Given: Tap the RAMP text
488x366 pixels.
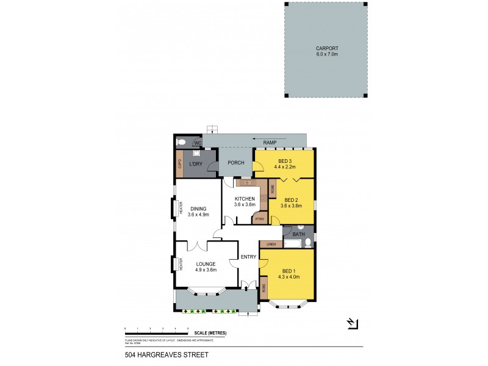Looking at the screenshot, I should [269, 143].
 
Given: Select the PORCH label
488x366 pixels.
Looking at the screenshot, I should [236, 163].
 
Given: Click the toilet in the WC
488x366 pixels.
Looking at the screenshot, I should [181, 142].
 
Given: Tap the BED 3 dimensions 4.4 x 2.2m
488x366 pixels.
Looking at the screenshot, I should [284, 167].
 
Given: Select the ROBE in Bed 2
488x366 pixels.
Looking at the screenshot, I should [273, 189].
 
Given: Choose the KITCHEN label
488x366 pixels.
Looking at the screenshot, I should [245, 198].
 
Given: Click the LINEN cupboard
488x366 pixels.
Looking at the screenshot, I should [271, 244].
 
